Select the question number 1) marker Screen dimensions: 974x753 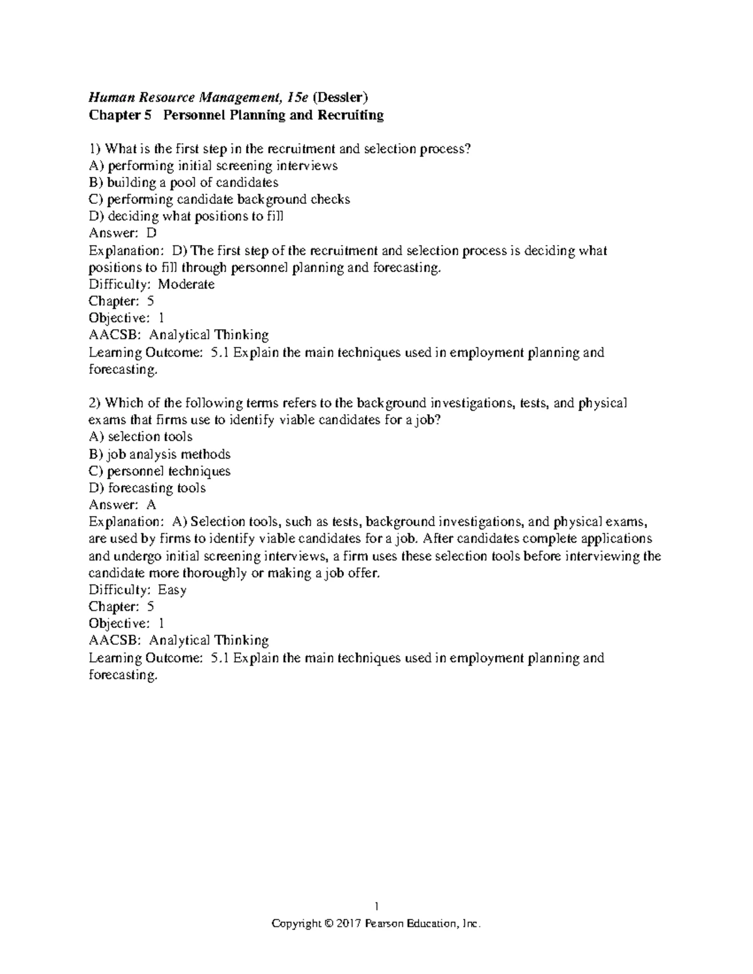tap(94, 149)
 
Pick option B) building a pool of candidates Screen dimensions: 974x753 tap(184, 183)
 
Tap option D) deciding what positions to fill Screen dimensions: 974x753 tap(186, 216)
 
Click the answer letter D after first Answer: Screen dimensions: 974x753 tap(151, 233)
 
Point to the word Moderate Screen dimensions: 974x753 tap(186, 284)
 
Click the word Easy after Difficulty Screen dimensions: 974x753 tap(172, 590)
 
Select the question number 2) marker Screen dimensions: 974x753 tap(94, 403)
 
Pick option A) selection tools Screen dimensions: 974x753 tap(141, 437)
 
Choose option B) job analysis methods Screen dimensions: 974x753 tap(160, 454)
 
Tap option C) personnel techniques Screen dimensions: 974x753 tap(160, 471)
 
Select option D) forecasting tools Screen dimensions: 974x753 tap(147, 488)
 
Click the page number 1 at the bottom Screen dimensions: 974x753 tap(376, 906)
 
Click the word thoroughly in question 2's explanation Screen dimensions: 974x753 tap(214, 573)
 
